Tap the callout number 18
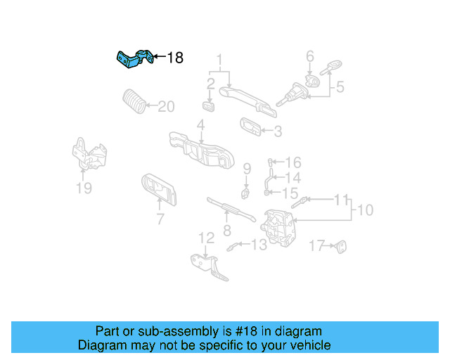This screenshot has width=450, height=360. coord(174,58)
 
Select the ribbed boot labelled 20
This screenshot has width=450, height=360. coord(134,101)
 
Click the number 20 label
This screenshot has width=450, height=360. coord(166,107)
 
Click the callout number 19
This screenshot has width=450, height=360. coord(84,188)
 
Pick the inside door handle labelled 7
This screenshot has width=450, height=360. coord(159,188)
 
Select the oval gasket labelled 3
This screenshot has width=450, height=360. coord(250,127)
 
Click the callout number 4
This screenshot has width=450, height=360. coord(200,126)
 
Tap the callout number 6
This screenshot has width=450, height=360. coord(309,56)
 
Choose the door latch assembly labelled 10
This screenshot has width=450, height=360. coord(281,226)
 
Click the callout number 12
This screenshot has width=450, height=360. coord(205,238)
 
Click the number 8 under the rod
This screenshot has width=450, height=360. coord(226,230)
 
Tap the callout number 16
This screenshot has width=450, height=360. coord(293,162)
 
